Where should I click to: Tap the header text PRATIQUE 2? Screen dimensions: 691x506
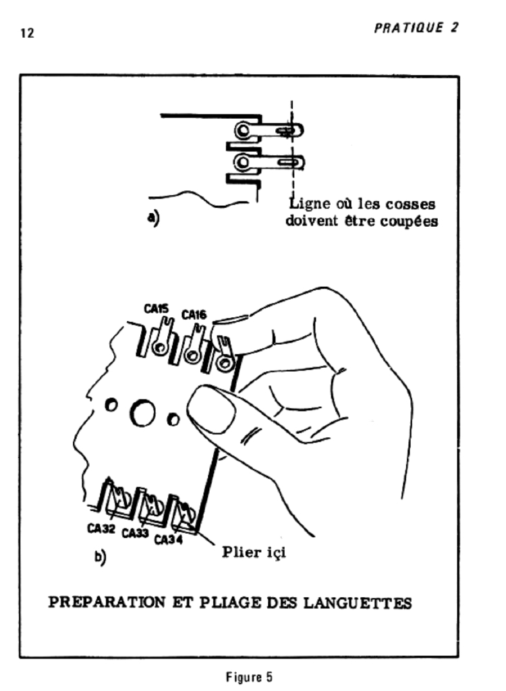[x=415, y=28]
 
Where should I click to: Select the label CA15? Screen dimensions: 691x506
[x=157, y=308]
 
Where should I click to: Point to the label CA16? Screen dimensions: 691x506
[x=194, y=314]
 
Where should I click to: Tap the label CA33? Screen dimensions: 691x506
[x=136, y=534]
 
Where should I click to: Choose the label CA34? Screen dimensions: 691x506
[x=169, y=540]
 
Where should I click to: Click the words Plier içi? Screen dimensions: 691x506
[x=254, y=554]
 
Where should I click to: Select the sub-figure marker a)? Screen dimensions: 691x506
[x=152, y=219]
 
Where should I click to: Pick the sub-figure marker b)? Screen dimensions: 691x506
[x=100, y=559]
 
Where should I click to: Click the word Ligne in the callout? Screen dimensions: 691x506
[x=309, y=204]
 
